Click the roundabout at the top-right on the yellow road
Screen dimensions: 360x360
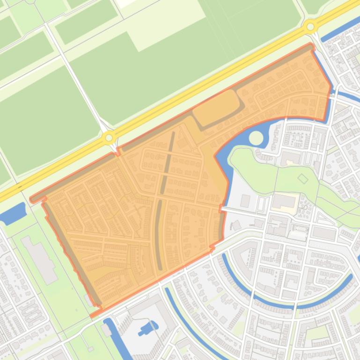point(310,27)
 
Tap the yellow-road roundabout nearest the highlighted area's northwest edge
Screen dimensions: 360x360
point(109,137)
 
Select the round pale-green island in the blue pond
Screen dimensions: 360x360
point(256,138)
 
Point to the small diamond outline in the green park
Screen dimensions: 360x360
point(303,179)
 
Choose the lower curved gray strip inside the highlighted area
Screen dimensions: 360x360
point(159,234)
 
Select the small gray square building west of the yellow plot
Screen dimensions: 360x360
point(245,201)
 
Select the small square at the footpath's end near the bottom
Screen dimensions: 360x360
point(90,349)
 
